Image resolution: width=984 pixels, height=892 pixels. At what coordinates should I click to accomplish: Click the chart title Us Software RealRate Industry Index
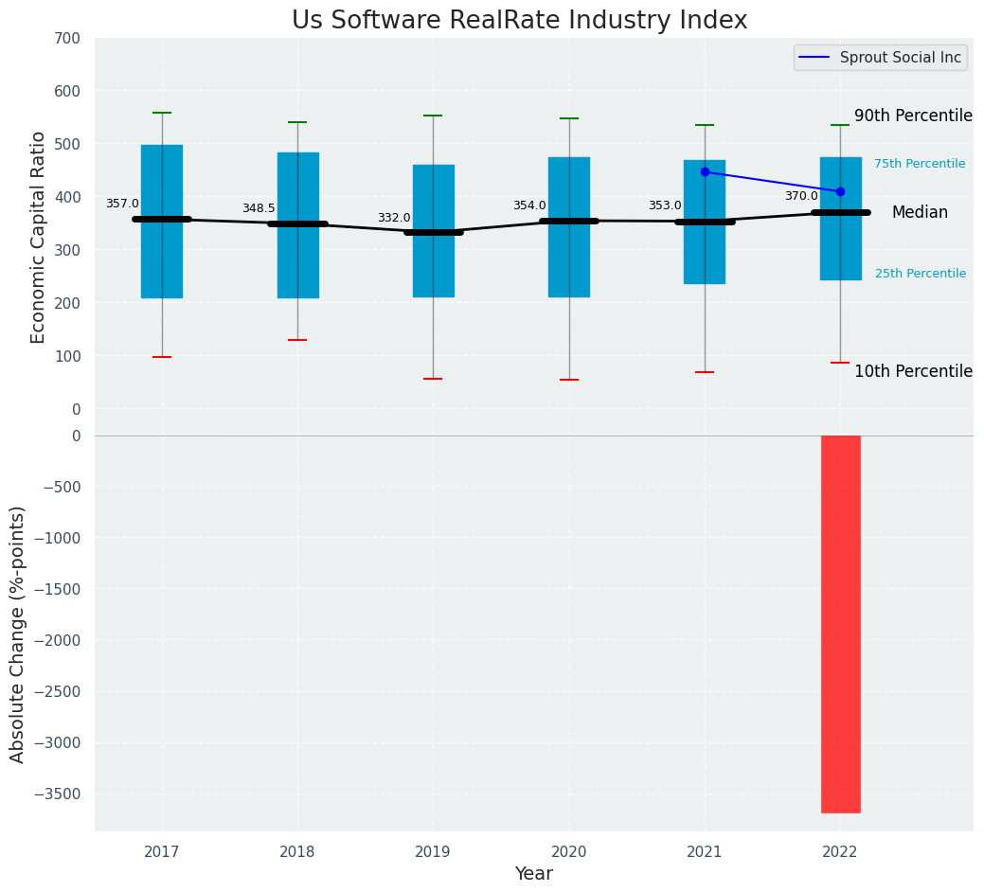coord(519,21)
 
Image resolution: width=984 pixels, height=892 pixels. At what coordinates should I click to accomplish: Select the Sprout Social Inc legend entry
coord(880,58)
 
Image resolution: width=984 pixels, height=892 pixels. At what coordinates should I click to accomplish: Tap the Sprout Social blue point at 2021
coord(705,172)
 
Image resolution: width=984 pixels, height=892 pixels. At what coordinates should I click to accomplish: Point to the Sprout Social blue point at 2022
coord(840,191)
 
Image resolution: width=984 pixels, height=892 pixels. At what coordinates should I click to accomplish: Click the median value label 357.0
coord(122,204)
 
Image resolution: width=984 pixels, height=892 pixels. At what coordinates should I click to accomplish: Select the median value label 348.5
coord(259,208)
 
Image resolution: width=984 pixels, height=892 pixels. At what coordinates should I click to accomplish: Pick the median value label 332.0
coord(394,218)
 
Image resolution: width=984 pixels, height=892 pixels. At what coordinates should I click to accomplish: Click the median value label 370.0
coord(801,196)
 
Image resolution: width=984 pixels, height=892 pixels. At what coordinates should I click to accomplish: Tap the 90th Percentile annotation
coord(913,116)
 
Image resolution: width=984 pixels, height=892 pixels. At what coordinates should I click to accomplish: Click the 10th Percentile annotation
coord(913,371)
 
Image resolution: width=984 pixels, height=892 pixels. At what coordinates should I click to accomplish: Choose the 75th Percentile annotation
coord(920,164)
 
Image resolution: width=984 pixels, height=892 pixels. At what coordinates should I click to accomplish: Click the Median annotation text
coord(920,213)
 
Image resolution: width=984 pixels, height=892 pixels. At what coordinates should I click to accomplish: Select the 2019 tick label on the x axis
coord(433,852)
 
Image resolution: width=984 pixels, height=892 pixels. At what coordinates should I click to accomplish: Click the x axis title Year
coord(534,874)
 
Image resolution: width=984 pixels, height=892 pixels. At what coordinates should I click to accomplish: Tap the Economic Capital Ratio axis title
coord(39,237)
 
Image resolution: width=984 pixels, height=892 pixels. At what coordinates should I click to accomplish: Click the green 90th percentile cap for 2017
coord(162,113)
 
